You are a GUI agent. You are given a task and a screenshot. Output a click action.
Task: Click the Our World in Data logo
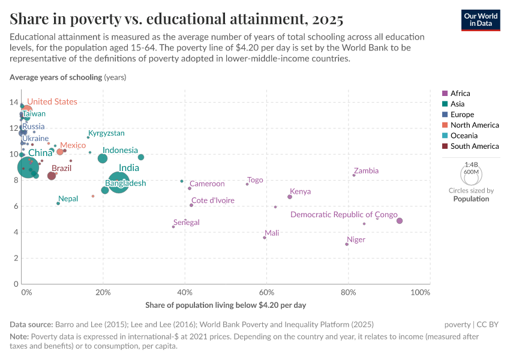pos(481,20)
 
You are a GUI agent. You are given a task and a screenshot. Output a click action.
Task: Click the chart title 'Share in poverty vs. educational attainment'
pos(176,19)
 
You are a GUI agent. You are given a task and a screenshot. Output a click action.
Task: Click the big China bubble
pos(28,167)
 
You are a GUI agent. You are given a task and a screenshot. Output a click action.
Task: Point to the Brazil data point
pos(52,176)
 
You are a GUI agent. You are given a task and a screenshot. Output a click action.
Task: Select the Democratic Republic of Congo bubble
pos(400,221)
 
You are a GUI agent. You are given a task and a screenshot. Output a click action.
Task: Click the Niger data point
pos(347,244)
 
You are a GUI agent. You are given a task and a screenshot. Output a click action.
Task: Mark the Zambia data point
pos(354,175)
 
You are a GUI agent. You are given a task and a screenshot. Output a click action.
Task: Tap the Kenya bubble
pos(290,197)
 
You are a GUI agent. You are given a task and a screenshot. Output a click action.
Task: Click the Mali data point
pos(265,238)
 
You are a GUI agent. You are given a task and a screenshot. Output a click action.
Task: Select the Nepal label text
pos(68,199)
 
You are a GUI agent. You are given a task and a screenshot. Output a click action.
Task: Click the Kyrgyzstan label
pos(106,133)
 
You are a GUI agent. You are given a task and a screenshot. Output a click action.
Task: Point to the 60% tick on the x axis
pos(266,292)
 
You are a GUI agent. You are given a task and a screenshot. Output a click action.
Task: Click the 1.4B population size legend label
pos(471,164)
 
